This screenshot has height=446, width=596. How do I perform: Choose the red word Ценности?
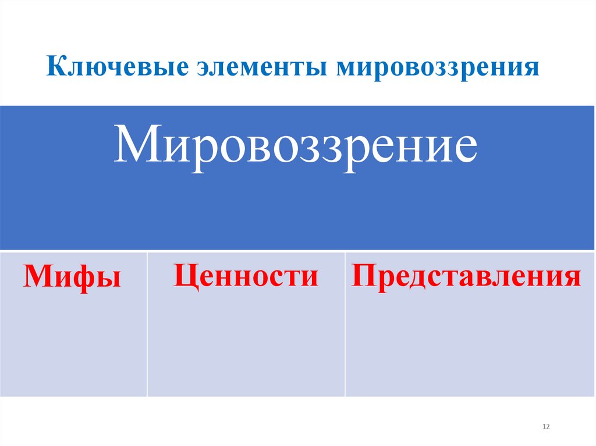click(x=246, y=275)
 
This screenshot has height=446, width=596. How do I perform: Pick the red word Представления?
click(x=466, y=276)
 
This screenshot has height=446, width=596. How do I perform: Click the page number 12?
click(x=545, y=427)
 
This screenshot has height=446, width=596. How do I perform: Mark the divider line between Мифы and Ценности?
click(x=147, y=324)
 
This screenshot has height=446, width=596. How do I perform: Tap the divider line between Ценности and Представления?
click(x=345, y=324)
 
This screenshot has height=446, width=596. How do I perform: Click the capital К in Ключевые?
click(x=55, y=66)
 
